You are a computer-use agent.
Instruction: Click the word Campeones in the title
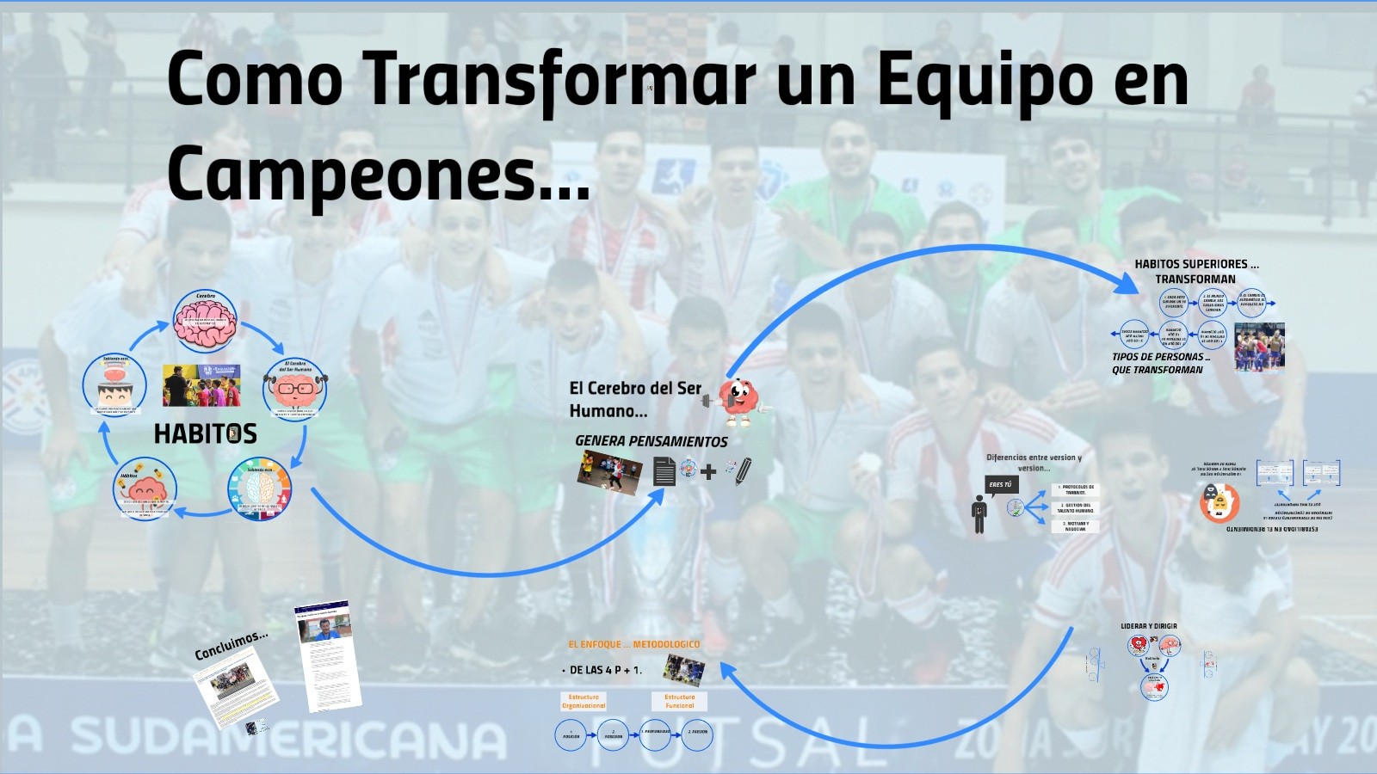353,172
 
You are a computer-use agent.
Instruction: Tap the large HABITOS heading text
206,433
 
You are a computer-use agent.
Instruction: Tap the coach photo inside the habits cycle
201,385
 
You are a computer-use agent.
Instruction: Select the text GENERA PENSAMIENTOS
651,441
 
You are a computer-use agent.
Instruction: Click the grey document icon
664,471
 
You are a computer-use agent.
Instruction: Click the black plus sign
708,471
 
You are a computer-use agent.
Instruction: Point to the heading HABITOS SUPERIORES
1196,264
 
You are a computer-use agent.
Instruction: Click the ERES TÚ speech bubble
1001,485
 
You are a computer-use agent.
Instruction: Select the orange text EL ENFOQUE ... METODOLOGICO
633,644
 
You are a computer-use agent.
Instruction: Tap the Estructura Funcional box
679,701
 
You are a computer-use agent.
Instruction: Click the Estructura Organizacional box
584,701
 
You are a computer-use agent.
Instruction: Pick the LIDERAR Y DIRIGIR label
1148,626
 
